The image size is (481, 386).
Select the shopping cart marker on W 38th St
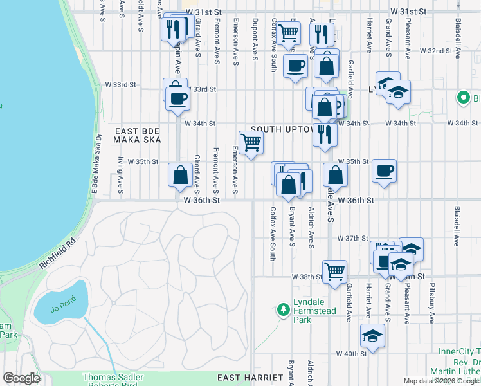tap(334, 272)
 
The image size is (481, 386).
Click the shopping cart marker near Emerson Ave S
tap(251, 142)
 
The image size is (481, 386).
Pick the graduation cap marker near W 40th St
tap(372, 336)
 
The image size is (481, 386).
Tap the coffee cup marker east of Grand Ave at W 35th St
tap(384, 171)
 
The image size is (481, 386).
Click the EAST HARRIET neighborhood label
tap(250, 377)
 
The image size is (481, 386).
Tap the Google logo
tap(21, 378)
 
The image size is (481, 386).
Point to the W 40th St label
tap(351, 353)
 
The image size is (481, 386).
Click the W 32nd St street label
tap(437, 50)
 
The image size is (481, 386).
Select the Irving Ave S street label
tap(121, 174)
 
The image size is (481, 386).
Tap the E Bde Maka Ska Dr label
tap(96, 168)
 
